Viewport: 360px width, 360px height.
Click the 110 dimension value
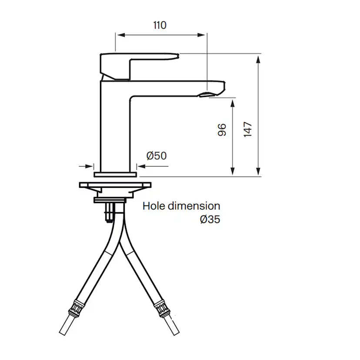click(x=160, y=25)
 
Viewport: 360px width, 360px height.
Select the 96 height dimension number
click(x=222, y=130)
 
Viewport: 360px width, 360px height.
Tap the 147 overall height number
click(x=248, y=130)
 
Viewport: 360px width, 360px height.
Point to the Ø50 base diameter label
click(x=157, y=155)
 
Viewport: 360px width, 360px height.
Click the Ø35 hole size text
click(x=210, y=220)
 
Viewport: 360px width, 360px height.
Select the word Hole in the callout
click(x=154, y=206)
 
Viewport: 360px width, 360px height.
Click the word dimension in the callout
click(x=194, y=206)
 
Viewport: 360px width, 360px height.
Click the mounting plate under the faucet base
click(x=115, y=186)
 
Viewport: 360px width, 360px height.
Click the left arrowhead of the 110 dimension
click(x=119, y=36)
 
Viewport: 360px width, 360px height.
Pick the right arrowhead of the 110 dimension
click(x=203, y=36)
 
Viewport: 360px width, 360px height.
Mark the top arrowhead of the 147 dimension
click(x=259, y=60)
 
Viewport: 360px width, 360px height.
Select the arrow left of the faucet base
click(x=90, y=166)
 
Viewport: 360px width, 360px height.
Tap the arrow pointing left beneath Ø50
click(x=142, y=166)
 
